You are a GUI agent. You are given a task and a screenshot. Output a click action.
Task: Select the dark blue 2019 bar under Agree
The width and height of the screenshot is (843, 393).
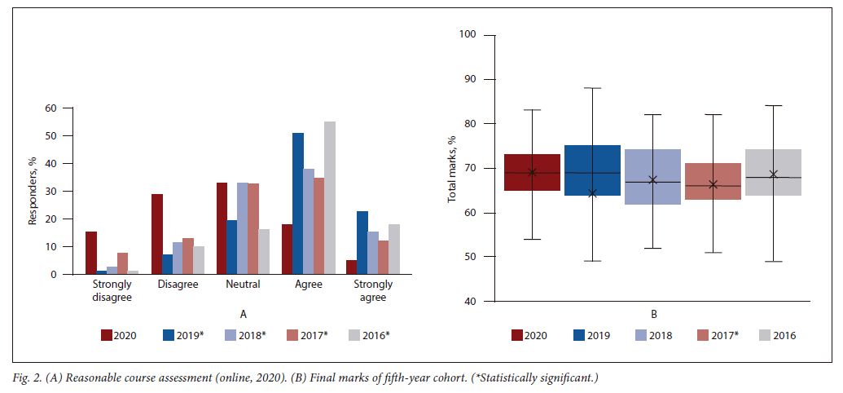[x=298, y=204]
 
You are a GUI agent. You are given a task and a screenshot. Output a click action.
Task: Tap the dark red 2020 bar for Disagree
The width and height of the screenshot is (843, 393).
[x=157, y=235]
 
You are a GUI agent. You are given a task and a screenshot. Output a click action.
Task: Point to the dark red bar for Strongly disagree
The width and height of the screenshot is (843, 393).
[x=91, y=254]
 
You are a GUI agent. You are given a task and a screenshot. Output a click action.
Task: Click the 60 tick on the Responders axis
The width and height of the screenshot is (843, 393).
[x=51, y=108]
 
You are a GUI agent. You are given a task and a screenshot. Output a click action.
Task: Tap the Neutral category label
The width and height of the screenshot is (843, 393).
[x=243, y=285]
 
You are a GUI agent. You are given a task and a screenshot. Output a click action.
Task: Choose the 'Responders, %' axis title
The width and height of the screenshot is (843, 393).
[x=33, y=192]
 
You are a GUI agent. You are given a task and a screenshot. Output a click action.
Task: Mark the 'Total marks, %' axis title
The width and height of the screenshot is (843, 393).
[x=453, y=168]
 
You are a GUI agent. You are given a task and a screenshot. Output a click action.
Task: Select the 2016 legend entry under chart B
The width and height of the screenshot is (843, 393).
[x=777, y=334]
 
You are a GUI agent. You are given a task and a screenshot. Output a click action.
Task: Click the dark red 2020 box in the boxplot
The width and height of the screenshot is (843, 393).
[x=533, y=172]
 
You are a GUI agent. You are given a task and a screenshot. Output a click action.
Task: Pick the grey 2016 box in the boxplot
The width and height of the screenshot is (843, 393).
[x=773, y=172]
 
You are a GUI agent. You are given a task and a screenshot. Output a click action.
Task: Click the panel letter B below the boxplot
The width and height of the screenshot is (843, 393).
[x=653, y=313]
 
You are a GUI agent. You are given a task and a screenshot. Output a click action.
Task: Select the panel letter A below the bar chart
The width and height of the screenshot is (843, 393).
[x=243, y=313]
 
